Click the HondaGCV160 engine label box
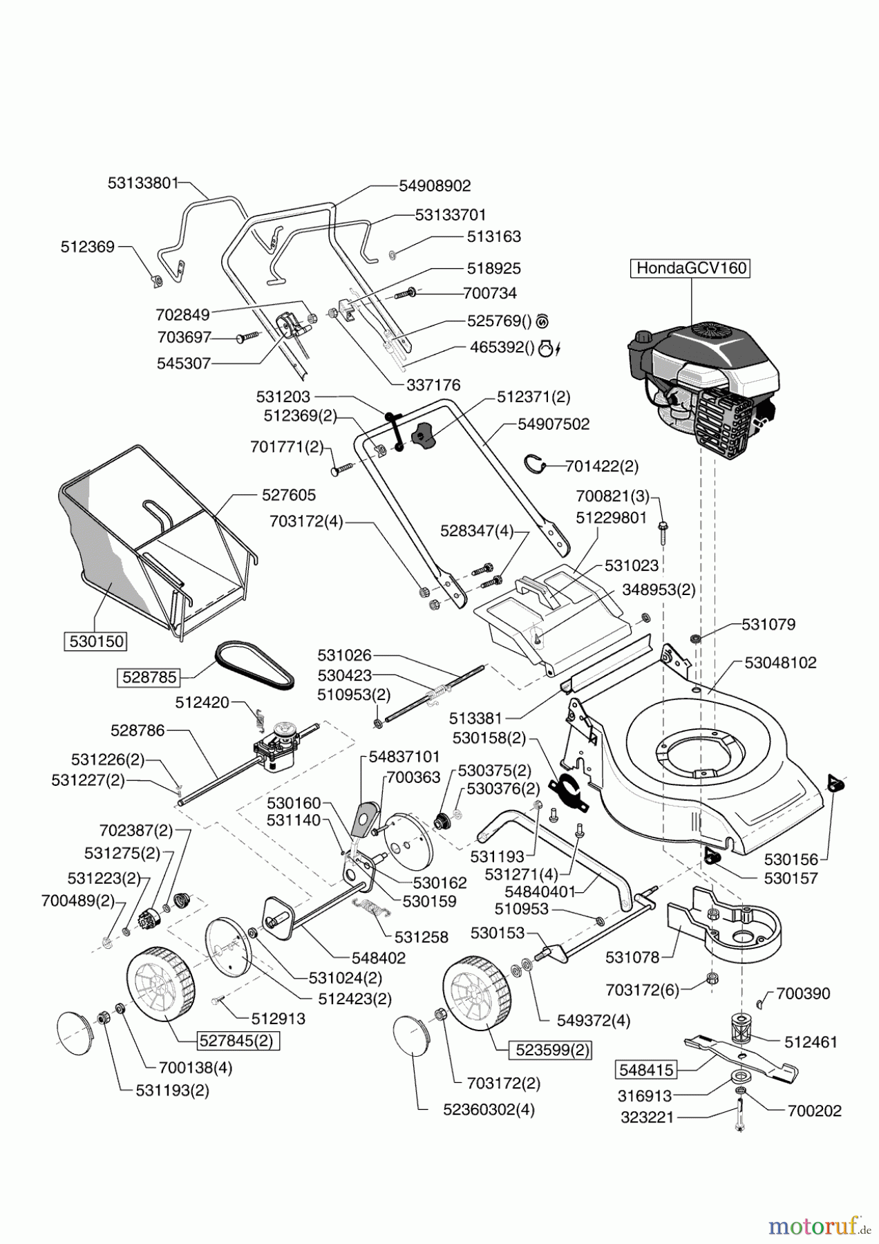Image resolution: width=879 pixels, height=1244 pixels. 691,268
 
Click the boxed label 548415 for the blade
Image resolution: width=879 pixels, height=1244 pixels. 645,1071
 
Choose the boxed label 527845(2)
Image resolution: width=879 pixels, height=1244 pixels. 239,1040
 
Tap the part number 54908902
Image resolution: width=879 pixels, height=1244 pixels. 435,186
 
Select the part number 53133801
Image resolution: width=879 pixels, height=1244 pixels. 143,183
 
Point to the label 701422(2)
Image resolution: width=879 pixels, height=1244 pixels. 602,466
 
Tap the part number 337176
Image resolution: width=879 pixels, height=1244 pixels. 433,385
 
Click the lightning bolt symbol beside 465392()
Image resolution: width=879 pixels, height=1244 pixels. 557,350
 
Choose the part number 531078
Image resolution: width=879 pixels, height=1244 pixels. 632,958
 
